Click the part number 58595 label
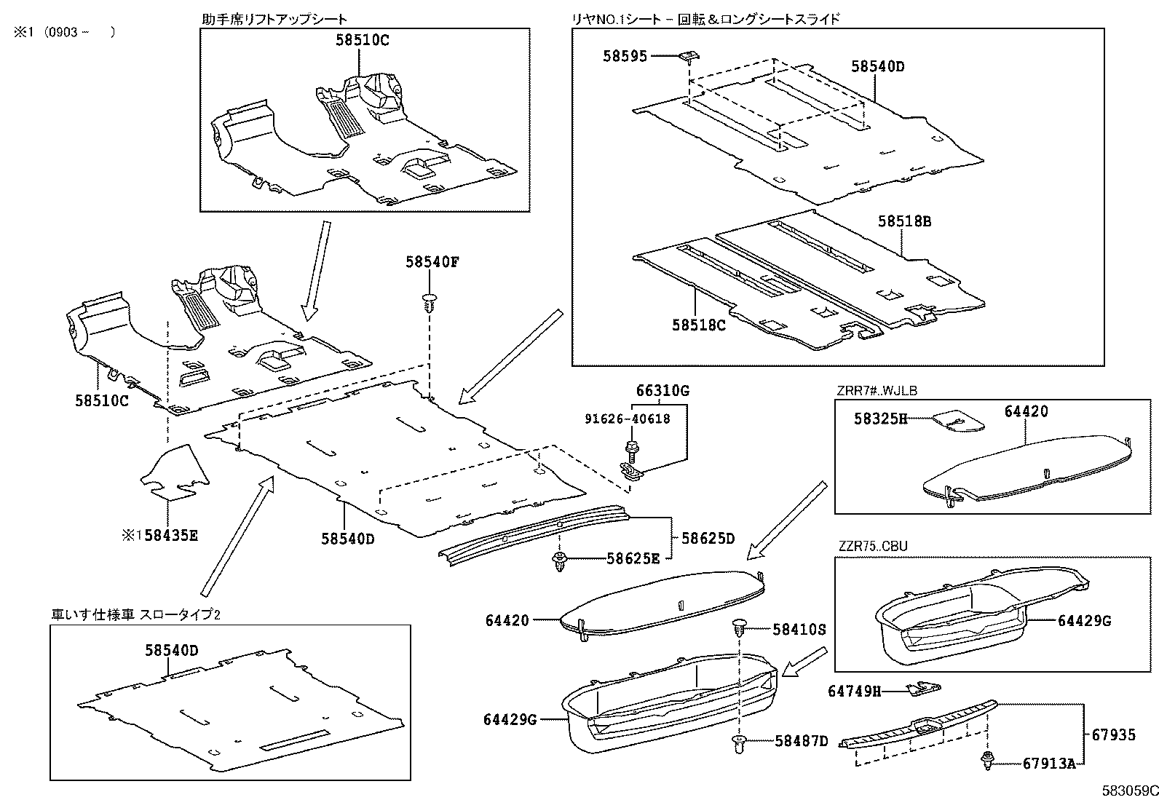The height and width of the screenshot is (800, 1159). [x=625, y=55]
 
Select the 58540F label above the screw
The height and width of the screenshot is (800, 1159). [x=432, y=263]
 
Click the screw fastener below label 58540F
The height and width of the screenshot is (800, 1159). [x=430, y=303]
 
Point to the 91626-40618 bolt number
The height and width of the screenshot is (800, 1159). [x=628, y=419]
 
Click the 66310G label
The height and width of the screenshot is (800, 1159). [x=662, y=391]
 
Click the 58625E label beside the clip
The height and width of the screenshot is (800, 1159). [x=633, y=559]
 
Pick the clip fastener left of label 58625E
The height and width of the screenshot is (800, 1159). [x=559, y=561]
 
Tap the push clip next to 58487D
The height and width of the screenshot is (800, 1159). [x=740, y=742]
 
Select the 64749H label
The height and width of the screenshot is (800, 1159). [x=854, y=690]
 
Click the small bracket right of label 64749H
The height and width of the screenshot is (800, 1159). [x=922, y=687]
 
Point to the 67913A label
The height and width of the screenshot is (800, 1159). [x=1049, y=763]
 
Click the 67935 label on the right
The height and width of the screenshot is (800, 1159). [x=1113, y=735]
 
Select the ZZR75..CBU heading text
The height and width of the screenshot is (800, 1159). [x=873, y=546]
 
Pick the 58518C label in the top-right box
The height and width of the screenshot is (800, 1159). [x=698, y=325]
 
